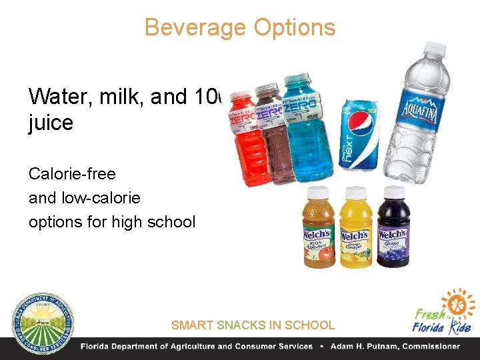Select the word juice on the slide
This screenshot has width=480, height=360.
51,123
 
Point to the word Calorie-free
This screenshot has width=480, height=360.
72,174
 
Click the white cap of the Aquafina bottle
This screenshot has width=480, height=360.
435,49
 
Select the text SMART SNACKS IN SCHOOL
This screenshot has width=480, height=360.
253,325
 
